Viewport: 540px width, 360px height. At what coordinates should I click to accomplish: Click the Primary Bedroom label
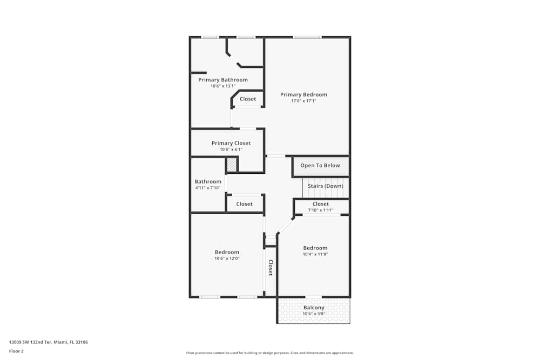[303, 94]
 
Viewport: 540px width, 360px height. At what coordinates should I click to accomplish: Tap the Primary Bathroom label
[222, 80]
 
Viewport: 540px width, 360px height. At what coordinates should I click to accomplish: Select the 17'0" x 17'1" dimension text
[303, 101]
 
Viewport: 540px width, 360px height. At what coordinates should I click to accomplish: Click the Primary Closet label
[231, 143]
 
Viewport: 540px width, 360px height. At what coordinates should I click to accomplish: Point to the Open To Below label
[320, 166]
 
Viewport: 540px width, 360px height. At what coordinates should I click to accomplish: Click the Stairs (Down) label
[325, 186]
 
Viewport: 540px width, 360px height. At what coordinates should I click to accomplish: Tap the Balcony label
[314, 308]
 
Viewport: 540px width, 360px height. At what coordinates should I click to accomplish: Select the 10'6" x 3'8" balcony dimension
[314, 314]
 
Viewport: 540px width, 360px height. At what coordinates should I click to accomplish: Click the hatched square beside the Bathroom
[232, 165]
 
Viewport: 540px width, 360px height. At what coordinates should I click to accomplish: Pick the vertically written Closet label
[271, 268]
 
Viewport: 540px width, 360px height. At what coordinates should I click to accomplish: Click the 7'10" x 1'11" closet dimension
[321, 210]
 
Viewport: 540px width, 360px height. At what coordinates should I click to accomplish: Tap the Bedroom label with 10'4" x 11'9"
[315, 248]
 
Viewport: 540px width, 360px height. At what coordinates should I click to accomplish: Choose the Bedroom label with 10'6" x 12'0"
[227, 252]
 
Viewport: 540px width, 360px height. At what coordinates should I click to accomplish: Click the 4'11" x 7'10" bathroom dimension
[208, 188]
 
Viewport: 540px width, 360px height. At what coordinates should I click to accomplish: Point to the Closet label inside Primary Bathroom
[248, 99]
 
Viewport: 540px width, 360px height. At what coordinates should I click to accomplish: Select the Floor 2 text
[16, 351]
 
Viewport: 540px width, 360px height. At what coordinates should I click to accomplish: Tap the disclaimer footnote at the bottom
[270, 352]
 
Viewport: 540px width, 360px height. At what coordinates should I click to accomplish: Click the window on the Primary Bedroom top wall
[307, 37]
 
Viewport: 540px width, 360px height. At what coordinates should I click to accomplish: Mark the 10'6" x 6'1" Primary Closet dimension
[231, 150]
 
